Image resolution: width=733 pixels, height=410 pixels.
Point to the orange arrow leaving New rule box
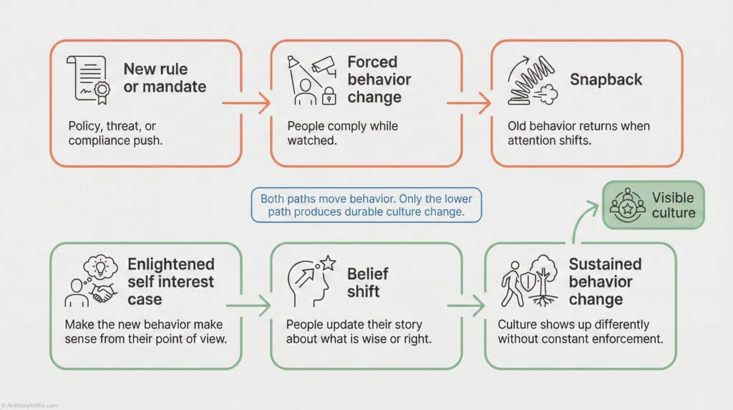(x=246, y=103)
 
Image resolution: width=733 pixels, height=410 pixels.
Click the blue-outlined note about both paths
(x=366, y=206)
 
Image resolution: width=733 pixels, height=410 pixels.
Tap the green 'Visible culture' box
(x=653, y=205)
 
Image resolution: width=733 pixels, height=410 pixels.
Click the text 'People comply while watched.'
(x=342, y=133)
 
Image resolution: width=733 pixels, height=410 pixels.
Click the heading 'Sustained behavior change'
(x=605, y=282)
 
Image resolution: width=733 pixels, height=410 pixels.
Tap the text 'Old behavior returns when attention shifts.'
(x=578, y=133)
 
